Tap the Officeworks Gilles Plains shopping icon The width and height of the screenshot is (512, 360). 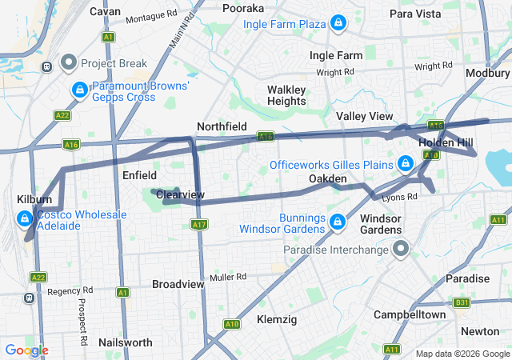[406, 165]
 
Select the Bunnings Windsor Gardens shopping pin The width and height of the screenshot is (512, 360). [338, 220]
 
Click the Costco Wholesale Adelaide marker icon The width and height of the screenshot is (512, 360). [25, 217]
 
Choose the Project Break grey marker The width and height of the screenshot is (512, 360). [69, 62]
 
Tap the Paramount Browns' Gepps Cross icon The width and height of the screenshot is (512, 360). [80, 90]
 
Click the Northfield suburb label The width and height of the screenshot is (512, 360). [222, 126]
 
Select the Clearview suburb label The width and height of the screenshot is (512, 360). [181, 194]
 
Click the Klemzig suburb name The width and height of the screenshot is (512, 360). [277, 319]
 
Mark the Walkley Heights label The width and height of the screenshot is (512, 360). [286, 95]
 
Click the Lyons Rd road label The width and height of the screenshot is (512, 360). [401, 196]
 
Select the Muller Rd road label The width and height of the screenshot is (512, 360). [229, 277]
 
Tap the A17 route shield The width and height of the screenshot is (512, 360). [199, 225]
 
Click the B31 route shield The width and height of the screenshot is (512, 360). [462, 302]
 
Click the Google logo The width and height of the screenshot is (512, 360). [26, 350]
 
